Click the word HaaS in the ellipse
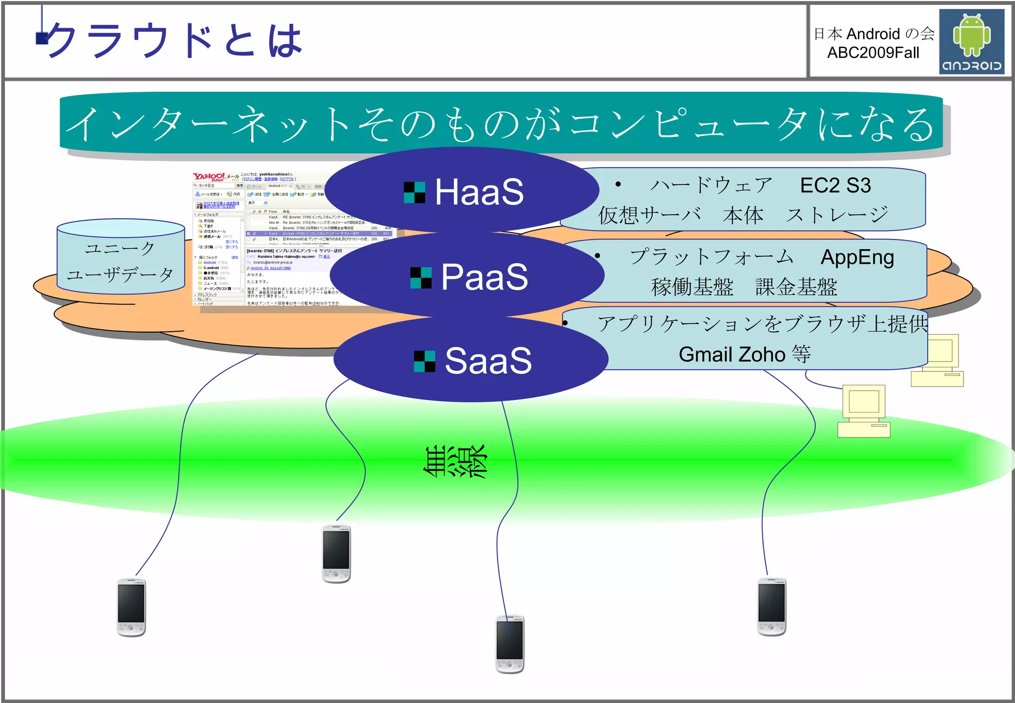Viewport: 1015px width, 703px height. tap(479, 192)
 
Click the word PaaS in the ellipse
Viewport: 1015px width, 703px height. tap(484, 277)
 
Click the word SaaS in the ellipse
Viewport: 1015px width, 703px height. tap(488, 360)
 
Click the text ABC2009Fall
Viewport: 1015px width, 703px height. tap(873, 53)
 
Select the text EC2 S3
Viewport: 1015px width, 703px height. tap(836, 185)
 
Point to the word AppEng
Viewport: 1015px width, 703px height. tap(857, 257)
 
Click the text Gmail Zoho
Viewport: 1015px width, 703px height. tap(732, 354)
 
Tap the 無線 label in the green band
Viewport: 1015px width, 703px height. tap(455, 461)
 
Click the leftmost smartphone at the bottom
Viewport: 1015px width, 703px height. tap(131, 607)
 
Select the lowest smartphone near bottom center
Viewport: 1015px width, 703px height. tap(510, 644)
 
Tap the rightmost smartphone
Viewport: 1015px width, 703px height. tap(772, 607)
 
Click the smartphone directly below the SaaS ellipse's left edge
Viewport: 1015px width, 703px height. tap(336, 554)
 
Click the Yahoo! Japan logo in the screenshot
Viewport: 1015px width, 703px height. tap(209, 177)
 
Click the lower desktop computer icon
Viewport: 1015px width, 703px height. tap(864, 411)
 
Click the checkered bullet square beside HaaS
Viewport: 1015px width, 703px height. tap(414, 192)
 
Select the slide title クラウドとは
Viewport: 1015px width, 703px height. tap(173, 41)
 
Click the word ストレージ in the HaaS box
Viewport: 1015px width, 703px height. tap(838, 215)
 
